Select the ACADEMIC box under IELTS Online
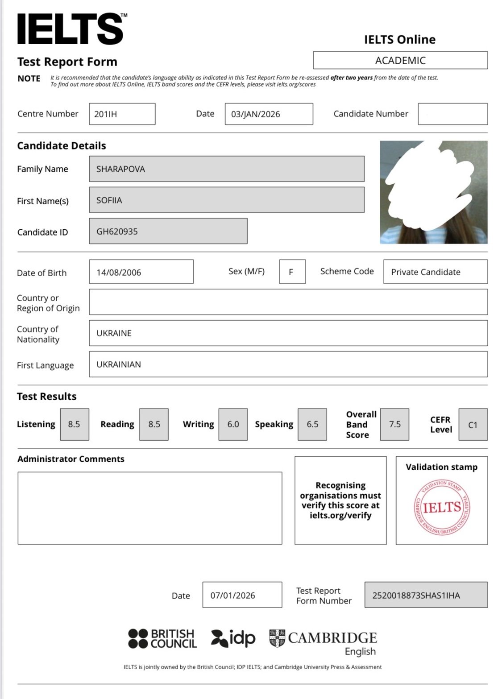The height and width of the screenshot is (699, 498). [x=400, y=60]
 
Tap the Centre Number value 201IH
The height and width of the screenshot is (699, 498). [x=122, y=114]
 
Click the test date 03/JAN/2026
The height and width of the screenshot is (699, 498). [x=269, y=114]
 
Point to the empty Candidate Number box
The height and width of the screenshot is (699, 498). [x=452, y=114]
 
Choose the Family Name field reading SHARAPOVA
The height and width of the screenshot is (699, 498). [x=226, y=169]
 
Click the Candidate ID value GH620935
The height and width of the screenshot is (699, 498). [x=168, y=231]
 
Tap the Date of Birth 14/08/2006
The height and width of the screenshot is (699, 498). [x=141, y=272]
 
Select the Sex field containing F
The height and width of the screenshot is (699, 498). [x=292, y=272]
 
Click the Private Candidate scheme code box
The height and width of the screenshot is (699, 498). [x=435, y=272]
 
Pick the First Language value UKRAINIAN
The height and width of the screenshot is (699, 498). [x=288, y=364]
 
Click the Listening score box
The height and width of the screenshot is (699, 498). [x=75, y=424]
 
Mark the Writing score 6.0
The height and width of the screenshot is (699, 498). [x=233, y=424]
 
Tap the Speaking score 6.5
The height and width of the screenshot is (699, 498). [x=312, y=424]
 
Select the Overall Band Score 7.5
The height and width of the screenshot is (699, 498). [x=394, y=424]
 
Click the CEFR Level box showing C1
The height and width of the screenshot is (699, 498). [x=473, y=425]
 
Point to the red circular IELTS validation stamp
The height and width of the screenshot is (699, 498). [x=441, y=508]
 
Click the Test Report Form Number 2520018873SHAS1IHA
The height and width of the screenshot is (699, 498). [x=426, y=595]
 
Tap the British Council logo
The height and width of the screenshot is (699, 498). [x=162, y=638]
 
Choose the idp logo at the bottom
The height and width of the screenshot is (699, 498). [x=233, y=638]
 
